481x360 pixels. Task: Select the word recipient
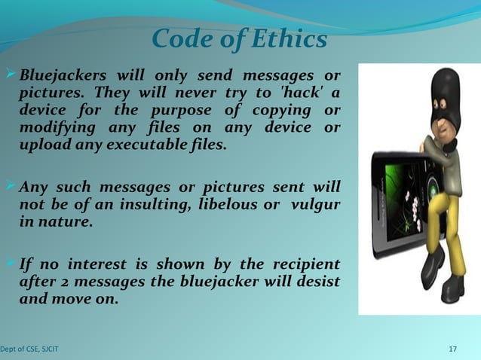[x=302, y=265]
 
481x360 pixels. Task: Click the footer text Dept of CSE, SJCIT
[x=30, y=349]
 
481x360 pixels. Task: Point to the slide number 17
[x=452, y=349]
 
